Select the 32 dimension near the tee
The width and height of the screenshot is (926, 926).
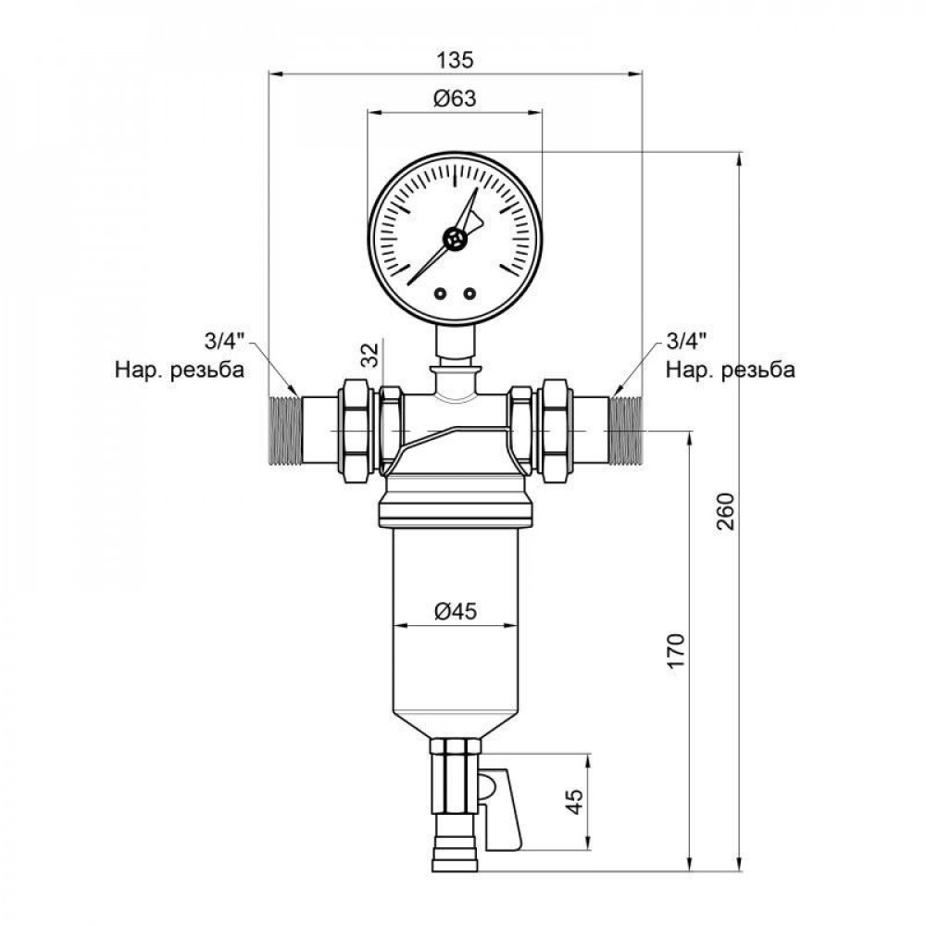pyautogui.click(x=368, y=354)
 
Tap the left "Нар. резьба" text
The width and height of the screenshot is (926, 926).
pyautogui.click(x=180, y=371)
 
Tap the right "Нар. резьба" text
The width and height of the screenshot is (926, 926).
pyautogui.click(x=730, y=371)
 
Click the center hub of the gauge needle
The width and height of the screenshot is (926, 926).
pyautogui.click(x=454, y=238)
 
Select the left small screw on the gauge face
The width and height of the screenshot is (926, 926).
pyautogui.click(x=439, y=294)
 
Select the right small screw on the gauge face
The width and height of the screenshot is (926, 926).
pyautogui.click(x=469, y=294)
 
